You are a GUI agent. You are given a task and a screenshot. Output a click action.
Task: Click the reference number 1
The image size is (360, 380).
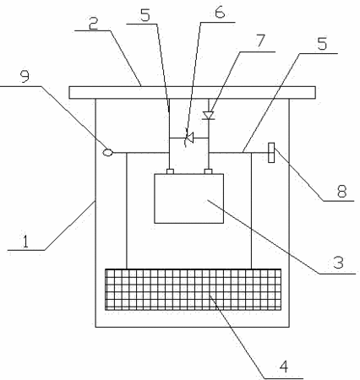point(25,242)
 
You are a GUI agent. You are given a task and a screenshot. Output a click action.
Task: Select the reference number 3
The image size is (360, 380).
point(338,263)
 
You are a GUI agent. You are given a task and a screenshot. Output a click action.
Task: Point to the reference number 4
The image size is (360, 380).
point(284,366)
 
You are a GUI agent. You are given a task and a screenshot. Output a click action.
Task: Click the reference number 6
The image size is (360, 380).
point(220,12)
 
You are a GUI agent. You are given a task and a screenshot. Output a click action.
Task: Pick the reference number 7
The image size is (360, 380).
point(261,41)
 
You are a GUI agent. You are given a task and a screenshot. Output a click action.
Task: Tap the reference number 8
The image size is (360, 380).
point(341,192)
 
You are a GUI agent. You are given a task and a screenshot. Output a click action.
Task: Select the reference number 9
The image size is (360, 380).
point(25,76)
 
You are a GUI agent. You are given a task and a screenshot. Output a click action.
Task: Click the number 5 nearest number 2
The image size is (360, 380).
point(145,15)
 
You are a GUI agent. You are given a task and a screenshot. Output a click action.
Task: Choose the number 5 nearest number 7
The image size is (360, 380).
point(322,43)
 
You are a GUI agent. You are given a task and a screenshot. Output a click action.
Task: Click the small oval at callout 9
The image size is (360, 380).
point(108,152)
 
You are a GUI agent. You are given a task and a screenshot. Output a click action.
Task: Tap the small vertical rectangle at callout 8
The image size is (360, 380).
point(271,153)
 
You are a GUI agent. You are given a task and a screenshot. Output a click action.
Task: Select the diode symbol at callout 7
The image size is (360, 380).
point(209,115)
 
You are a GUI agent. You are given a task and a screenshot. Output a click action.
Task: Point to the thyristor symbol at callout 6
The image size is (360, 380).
point(189,138)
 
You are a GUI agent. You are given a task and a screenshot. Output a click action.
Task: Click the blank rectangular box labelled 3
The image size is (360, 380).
point(189,198)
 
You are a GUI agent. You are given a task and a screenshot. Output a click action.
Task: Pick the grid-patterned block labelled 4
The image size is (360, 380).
point(194,290)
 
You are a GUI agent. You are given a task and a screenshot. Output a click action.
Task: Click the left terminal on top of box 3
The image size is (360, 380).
point(170,171)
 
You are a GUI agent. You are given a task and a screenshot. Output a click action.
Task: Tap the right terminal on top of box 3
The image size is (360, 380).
point(208,171)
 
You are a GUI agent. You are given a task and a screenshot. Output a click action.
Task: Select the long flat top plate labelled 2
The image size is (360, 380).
point(193,93)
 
